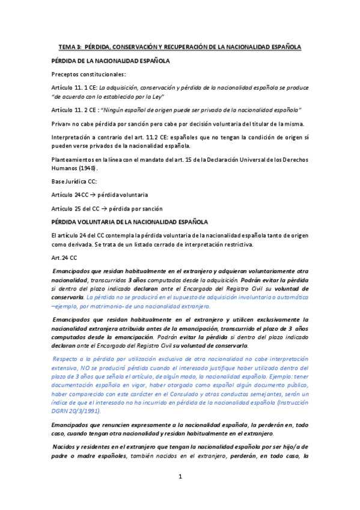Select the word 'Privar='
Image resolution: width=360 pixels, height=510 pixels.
[63, 124]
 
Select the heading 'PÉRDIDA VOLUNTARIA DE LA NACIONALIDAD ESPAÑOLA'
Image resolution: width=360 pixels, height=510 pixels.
[130, 222]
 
